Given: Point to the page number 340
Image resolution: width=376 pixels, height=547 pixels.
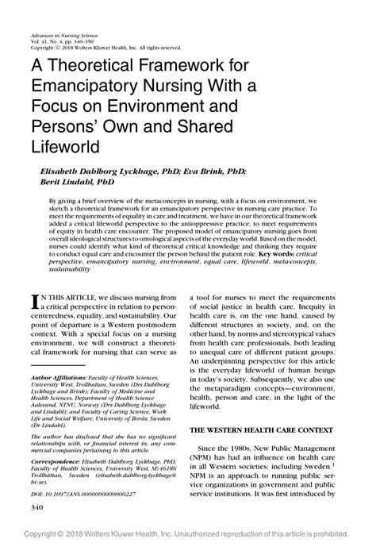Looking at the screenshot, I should point(36,505).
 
